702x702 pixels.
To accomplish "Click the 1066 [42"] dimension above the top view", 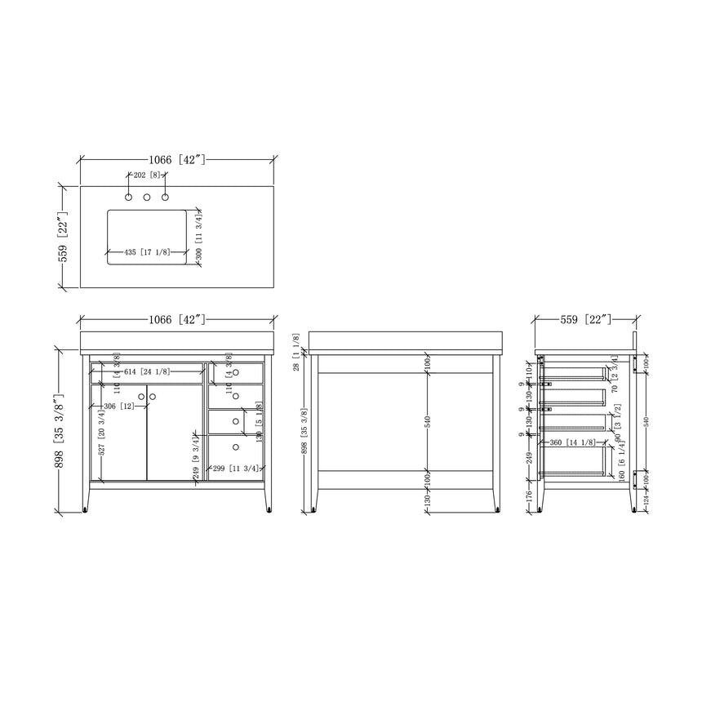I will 176,160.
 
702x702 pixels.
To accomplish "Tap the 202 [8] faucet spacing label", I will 147,175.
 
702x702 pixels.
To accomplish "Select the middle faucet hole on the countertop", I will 147,197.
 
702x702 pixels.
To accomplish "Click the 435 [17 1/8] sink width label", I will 148,252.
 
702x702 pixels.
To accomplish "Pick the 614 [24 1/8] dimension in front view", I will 147,371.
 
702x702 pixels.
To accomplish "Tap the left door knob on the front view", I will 141,397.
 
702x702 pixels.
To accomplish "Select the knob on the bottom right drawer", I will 236,447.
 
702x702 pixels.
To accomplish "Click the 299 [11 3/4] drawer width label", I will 235,469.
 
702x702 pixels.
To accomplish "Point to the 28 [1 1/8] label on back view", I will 296,352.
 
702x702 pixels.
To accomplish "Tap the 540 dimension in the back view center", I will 428,422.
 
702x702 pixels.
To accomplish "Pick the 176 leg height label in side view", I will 530,495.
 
